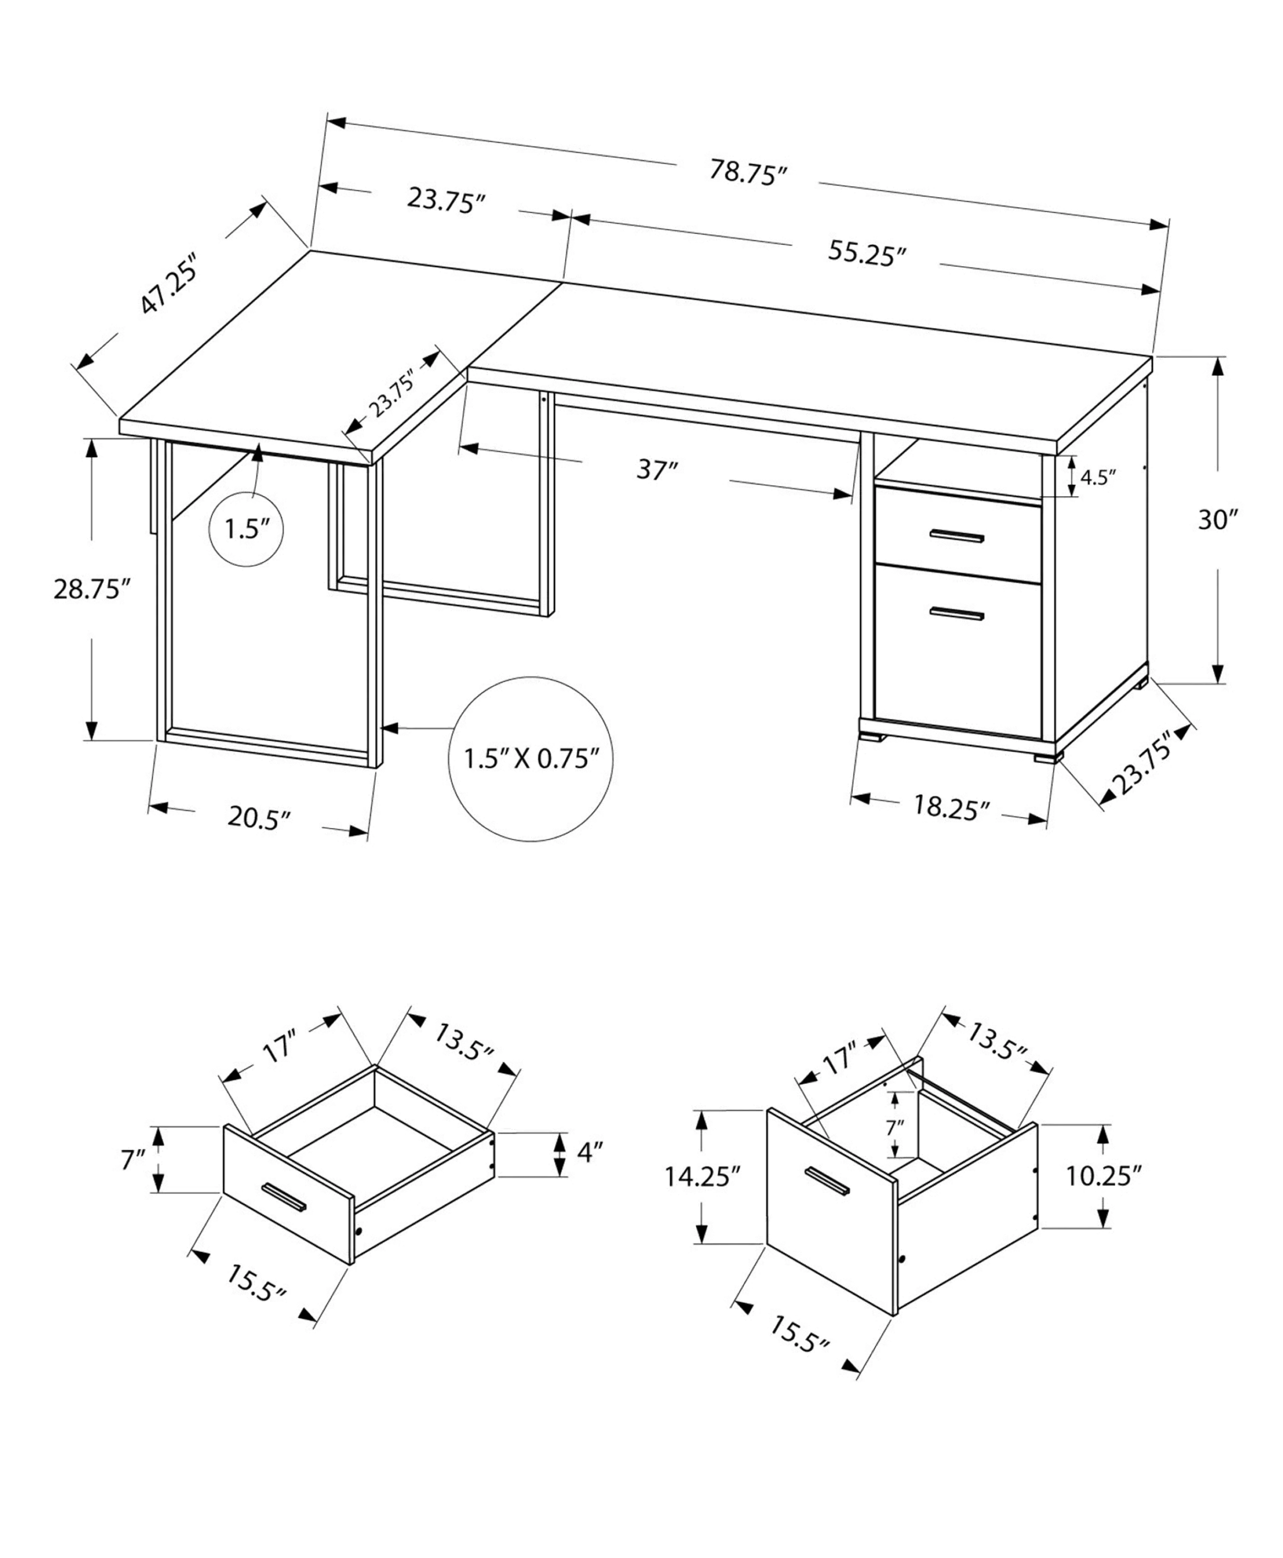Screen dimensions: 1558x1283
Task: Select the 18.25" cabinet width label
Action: (950, 806)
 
